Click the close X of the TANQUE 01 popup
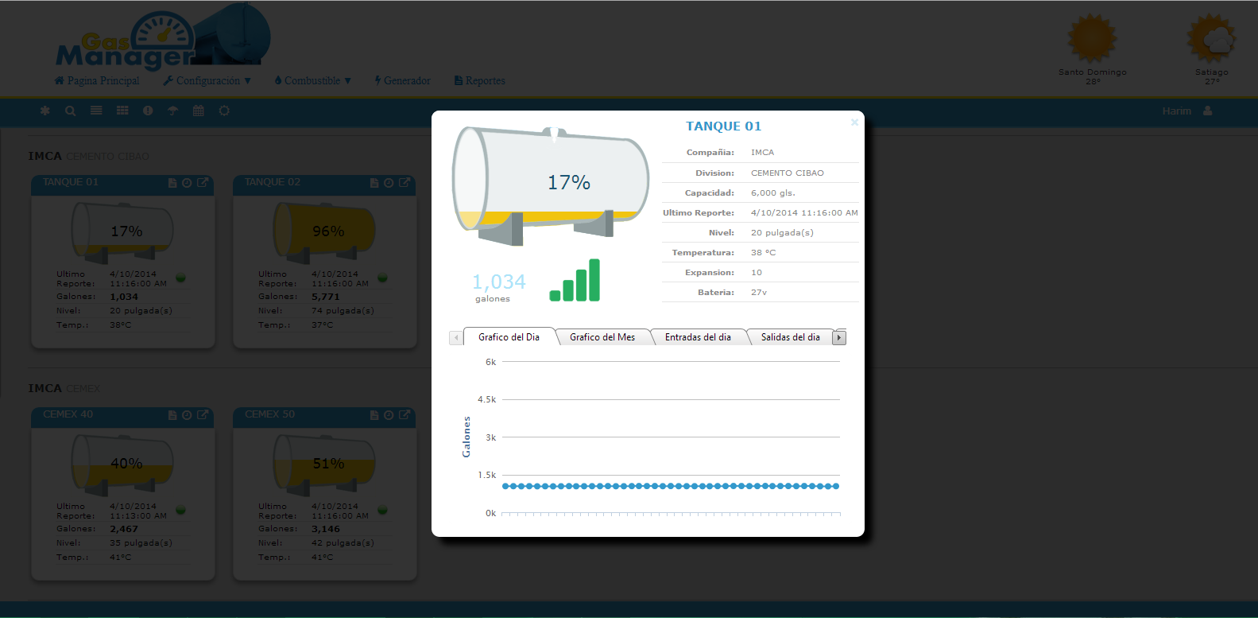pos(854,122)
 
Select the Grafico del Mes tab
pos(602,337)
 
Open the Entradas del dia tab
pos(698,337)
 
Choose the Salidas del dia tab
pos(790,337)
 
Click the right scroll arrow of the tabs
pos(838,338)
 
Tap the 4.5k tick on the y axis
pos(486,399)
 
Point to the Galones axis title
pos(466,437)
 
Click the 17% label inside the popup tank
pos(569,183)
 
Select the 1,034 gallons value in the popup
pos(498,282)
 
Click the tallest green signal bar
pos(594,280)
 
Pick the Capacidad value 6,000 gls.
pos(772,192)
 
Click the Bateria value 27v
pos(759,292)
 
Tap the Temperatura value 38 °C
pos(763,252)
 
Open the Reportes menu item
pos(480,80)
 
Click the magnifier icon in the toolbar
pos(71,111)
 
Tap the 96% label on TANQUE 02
pos(328,231)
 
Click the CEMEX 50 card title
pos(269,414)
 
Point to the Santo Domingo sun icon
pos(1092,38)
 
